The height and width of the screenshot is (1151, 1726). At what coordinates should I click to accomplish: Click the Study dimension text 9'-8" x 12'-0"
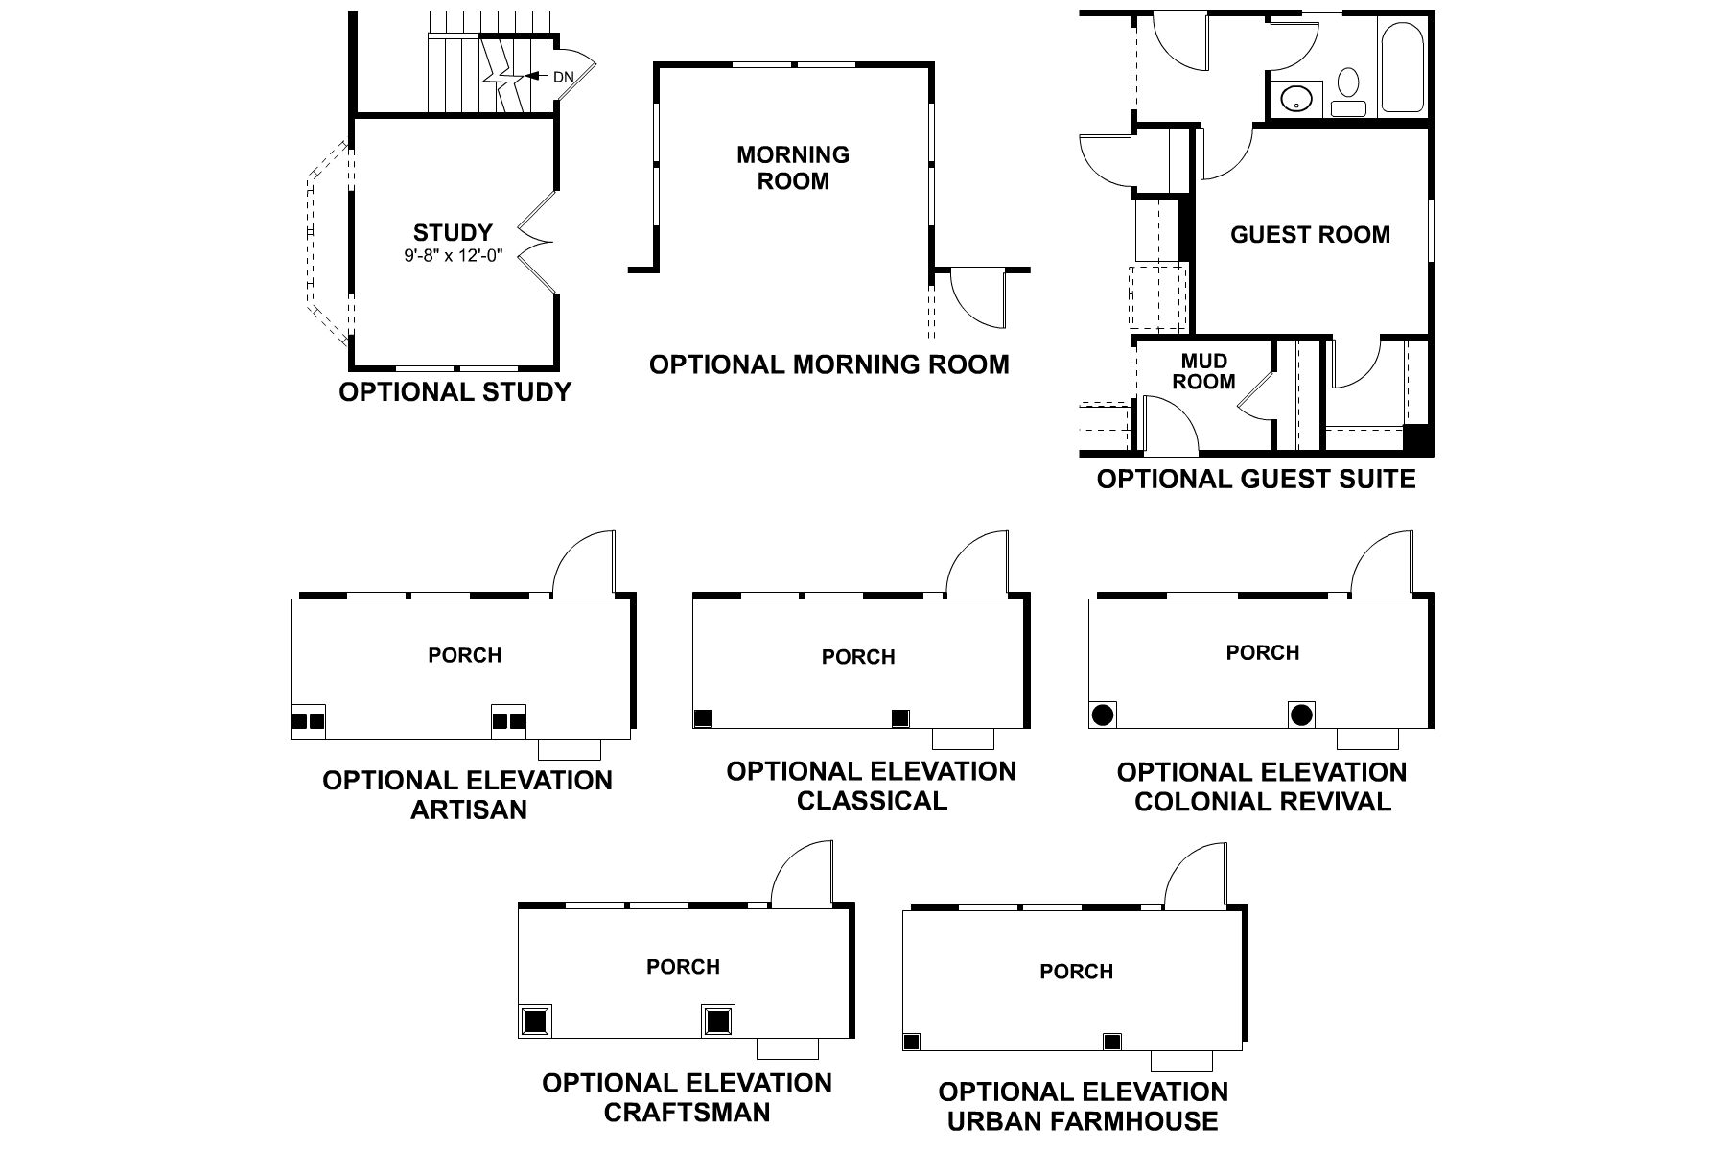[x=453, y=256]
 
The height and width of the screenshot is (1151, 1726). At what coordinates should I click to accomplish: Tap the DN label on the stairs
[x=564, y=76]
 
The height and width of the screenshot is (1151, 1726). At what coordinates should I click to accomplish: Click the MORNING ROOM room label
[x=793, y=168]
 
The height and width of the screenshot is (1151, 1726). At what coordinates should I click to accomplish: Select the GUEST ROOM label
[x=1310, y=235]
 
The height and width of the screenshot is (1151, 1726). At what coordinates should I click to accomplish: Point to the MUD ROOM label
[x=1203, y=371]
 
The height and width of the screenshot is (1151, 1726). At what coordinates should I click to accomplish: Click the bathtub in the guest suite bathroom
[x=1404, y=65]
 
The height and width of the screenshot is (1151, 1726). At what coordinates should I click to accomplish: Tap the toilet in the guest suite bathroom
[x=1348, y=88]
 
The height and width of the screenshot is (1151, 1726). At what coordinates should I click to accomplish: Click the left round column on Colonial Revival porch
[x=1102, y=715]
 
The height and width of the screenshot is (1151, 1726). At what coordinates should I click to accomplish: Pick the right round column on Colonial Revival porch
[x=1300, y=715]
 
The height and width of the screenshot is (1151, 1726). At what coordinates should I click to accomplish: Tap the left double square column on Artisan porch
[x=308, y=720]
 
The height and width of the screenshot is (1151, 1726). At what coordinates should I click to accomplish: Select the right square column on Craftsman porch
[x=716, y=1021]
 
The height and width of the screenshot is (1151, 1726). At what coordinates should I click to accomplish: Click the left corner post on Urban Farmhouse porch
[x=912, y=1042]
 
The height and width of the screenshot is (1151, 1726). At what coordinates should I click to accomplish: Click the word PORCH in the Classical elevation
[x=858, y=657]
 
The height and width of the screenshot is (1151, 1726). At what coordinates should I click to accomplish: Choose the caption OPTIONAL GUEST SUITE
[x=1255, y=479]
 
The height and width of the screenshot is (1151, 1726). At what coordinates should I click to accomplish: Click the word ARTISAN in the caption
[x=469, y=810]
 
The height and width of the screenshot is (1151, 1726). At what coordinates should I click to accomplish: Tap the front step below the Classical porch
[x=963, y=740]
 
